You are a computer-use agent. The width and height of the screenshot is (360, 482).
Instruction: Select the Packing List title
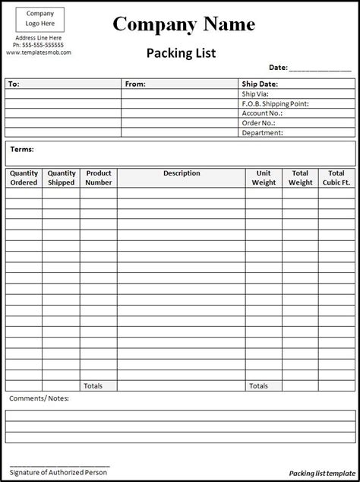[179, 53]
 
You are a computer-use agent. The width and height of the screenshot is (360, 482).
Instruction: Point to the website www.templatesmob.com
[39, 53]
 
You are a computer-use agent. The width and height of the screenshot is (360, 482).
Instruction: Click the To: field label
[14, 84]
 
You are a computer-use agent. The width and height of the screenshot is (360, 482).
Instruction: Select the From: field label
[135, 84]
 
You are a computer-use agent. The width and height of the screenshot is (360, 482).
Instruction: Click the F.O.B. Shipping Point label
[274, 103]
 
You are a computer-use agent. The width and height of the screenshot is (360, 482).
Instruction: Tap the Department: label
[262, 132]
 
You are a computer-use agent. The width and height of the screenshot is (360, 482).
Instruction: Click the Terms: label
[22, 150]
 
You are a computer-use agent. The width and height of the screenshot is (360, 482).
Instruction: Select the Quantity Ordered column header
[24, 178]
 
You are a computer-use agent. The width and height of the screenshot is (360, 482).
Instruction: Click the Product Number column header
[99, 178]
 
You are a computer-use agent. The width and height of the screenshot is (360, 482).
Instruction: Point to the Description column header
[182, 173]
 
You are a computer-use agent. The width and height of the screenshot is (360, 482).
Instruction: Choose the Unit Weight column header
[264, 178]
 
